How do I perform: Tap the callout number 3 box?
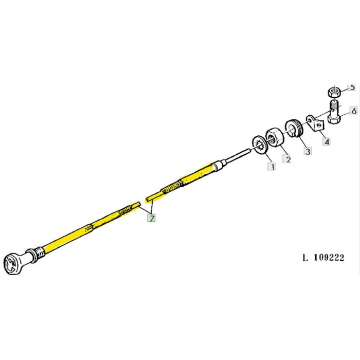point(307,151)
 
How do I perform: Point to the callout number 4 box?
point(327,141)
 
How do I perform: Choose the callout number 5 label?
point(352,87)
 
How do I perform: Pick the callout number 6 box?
point(353,111)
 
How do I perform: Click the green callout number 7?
point(152,218)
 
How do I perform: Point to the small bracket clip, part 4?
point(314,122)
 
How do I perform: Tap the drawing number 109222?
point(323,257)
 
